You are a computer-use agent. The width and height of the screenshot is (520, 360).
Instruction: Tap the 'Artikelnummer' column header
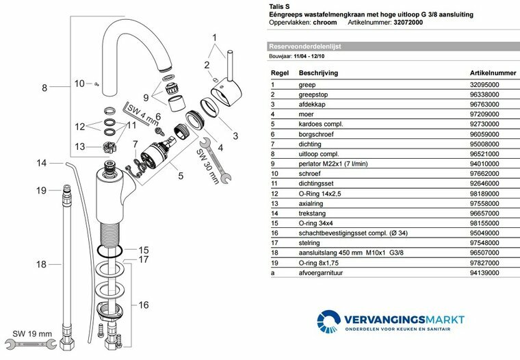(493, 72)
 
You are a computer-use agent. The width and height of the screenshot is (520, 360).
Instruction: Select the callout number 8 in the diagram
(44, 88)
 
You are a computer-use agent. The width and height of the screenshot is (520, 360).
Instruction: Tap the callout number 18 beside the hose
(42, 263)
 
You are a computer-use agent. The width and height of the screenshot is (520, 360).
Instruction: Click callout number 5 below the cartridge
(181, 176)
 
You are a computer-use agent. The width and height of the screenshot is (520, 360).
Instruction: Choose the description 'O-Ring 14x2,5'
(321, 194)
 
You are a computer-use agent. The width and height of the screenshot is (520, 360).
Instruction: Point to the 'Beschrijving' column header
(318, 72)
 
